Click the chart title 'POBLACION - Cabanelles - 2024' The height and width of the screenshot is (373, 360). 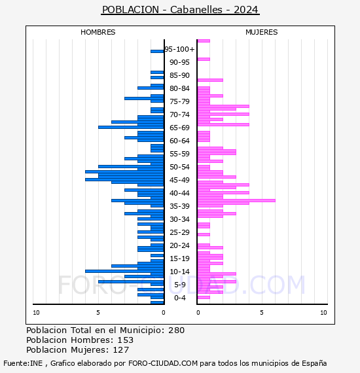point(180,10)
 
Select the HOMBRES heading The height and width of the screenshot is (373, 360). point(98,32)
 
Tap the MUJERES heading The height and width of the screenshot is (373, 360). point(262,32)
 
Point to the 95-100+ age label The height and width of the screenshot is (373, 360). point(179,49)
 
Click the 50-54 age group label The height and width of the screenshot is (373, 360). point(179,167)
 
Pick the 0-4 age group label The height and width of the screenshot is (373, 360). point(179,298)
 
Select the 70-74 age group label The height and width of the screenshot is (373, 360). point(179,115)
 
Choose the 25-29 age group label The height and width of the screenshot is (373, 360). point(179,232)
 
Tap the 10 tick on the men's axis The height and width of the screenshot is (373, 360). point(36,313)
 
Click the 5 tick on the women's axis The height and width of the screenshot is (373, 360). point(262,313)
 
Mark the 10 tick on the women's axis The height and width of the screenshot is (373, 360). point(323,313)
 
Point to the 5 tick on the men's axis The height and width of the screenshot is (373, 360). point(98,313)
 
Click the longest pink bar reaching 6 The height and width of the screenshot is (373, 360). point(236,200)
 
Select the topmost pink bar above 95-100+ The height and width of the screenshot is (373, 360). point(204,41)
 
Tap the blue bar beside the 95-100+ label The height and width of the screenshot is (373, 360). point(157,52)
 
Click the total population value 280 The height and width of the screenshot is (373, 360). point(176,330)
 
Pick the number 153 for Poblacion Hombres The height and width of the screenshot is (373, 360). point(126,340)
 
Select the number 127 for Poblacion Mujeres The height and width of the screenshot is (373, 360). point(121,349)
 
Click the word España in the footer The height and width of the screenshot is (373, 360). point(314,363)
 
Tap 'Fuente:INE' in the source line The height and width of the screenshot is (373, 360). point(23,363)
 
